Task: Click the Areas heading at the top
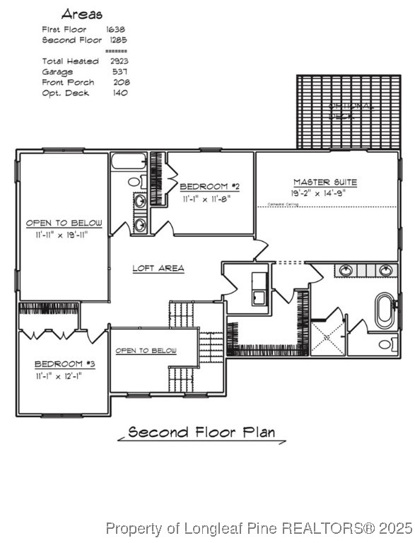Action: tap(81, 13)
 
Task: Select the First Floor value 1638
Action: tap(116, 30)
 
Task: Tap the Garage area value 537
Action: tap(119, 72)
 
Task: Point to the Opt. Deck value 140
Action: tap(119, 93)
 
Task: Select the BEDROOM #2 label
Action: tap(209, 187)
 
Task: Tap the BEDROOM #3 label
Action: tap(64, 363)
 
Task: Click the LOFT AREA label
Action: tap(158, 268)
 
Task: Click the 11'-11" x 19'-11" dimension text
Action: tap(64, 235)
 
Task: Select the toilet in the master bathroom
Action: tap(387, 344)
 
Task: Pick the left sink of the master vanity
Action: tap(346, 270)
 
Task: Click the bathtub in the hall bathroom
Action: tap(128, 162)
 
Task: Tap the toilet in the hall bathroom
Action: tap(136, 182)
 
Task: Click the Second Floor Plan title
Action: tap(201, 433)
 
